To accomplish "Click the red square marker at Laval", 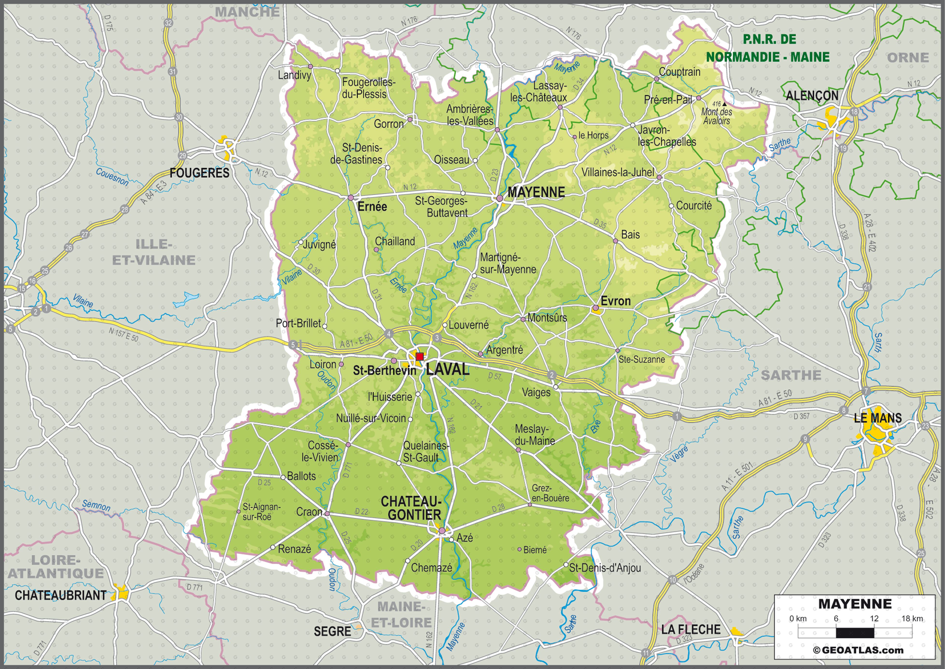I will point(420,356).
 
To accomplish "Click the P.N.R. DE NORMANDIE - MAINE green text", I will point(768,48).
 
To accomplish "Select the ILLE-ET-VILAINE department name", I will point(154,252).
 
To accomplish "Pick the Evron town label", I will point(615,301).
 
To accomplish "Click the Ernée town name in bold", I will point(372,206).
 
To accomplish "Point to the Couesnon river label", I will point(112,177).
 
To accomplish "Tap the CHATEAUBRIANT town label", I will point(61,595).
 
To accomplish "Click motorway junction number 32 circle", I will point(168,23).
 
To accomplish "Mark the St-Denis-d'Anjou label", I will point(605,568).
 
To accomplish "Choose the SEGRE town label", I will point(332,631).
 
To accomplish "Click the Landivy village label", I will point(294,75).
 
